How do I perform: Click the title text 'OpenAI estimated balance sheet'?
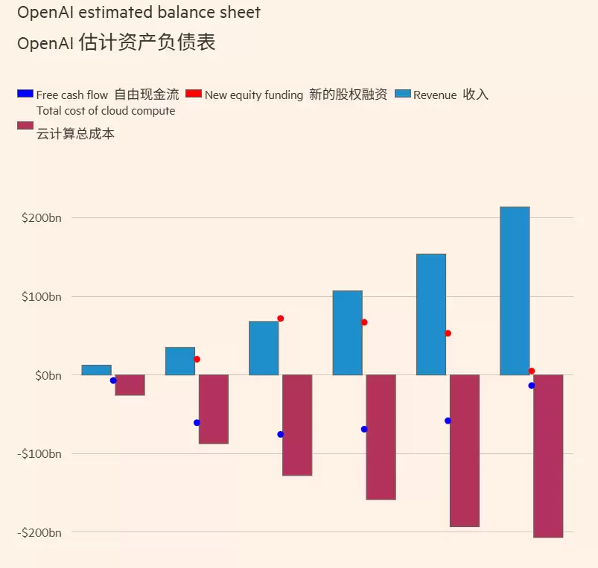click(x=139, y=13)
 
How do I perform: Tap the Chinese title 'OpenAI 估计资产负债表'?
click(x=116, y=43)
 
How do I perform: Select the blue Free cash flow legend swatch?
click(x=25, y=94)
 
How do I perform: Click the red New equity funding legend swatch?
click(x=194, y=94)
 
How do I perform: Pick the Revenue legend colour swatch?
click(x=402, y=94)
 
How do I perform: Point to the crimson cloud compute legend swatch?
click(x=25, y=125)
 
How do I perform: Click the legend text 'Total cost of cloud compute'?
click(x=106, y=111)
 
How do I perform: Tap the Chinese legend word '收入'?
click(x=476, y=95)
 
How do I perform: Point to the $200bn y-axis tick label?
click(x=42, y=218)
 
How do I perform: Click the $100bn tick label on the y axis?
click(x=42, y=297)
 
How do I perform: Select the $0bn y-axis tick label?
click(x=48, y=375)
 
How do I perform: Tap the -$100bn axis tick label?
click(x=39, y=454)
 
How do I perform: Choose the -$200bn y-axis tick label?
click(x=39, y=532)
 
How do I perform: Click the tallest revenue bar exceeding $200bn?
click(x=515, y=290)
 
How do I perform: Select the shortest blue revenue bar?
click(x=97, y=370)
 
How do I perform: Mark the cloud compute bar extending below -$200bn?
click(x=548, y=456)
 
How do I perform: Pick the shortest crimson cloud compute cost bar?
click(x=130, y=385)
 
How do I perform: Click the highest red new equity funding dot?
click(x=281, y=319)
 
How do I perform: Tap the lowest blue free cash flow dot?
click(x=281, y=434)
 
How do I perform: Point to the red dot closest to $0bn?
click(x=532, y=371)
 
